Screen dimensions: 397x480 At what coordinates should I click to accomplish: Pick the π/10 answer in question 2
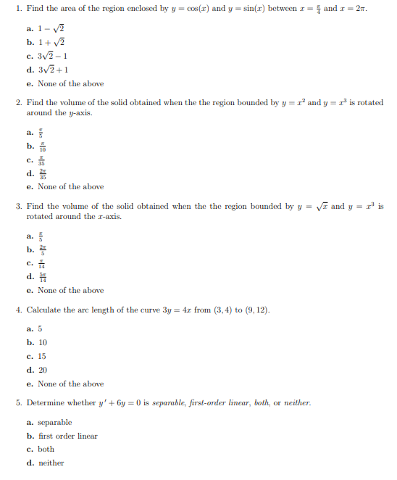(41, 146)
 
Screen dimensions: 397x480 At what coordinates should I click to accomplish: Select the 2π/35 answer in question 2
(42, 173)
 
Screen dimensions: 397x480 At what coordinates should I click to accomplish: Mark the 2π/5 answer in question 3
(42, 249)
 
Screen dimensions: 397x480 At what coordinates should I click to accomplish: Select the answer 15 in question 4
(41, 356)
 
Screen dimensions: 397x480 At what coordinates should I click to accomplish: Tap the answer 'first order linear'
(67, 436)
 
